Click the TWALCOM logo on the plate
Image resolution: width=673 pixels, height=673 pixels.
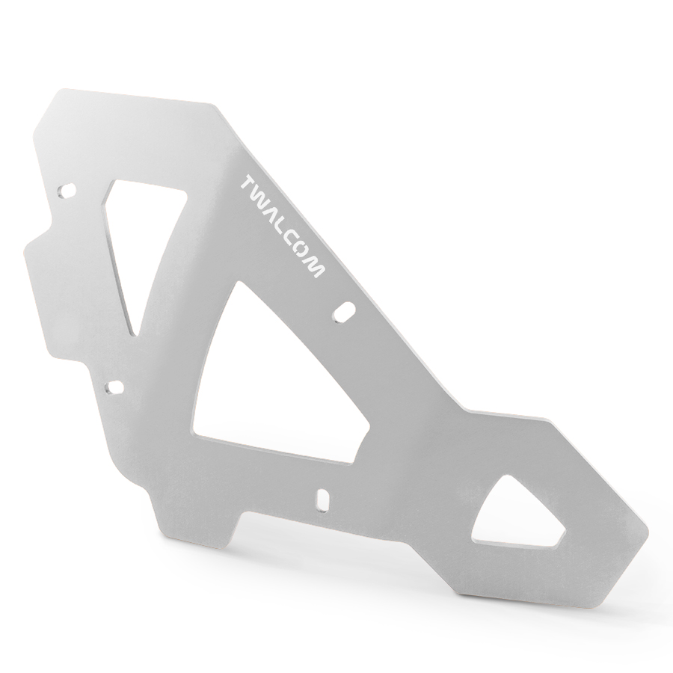[x=283, y=225]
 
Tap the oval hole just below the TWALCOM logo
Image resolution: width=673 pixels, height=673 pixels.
[x=345, y=311]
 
